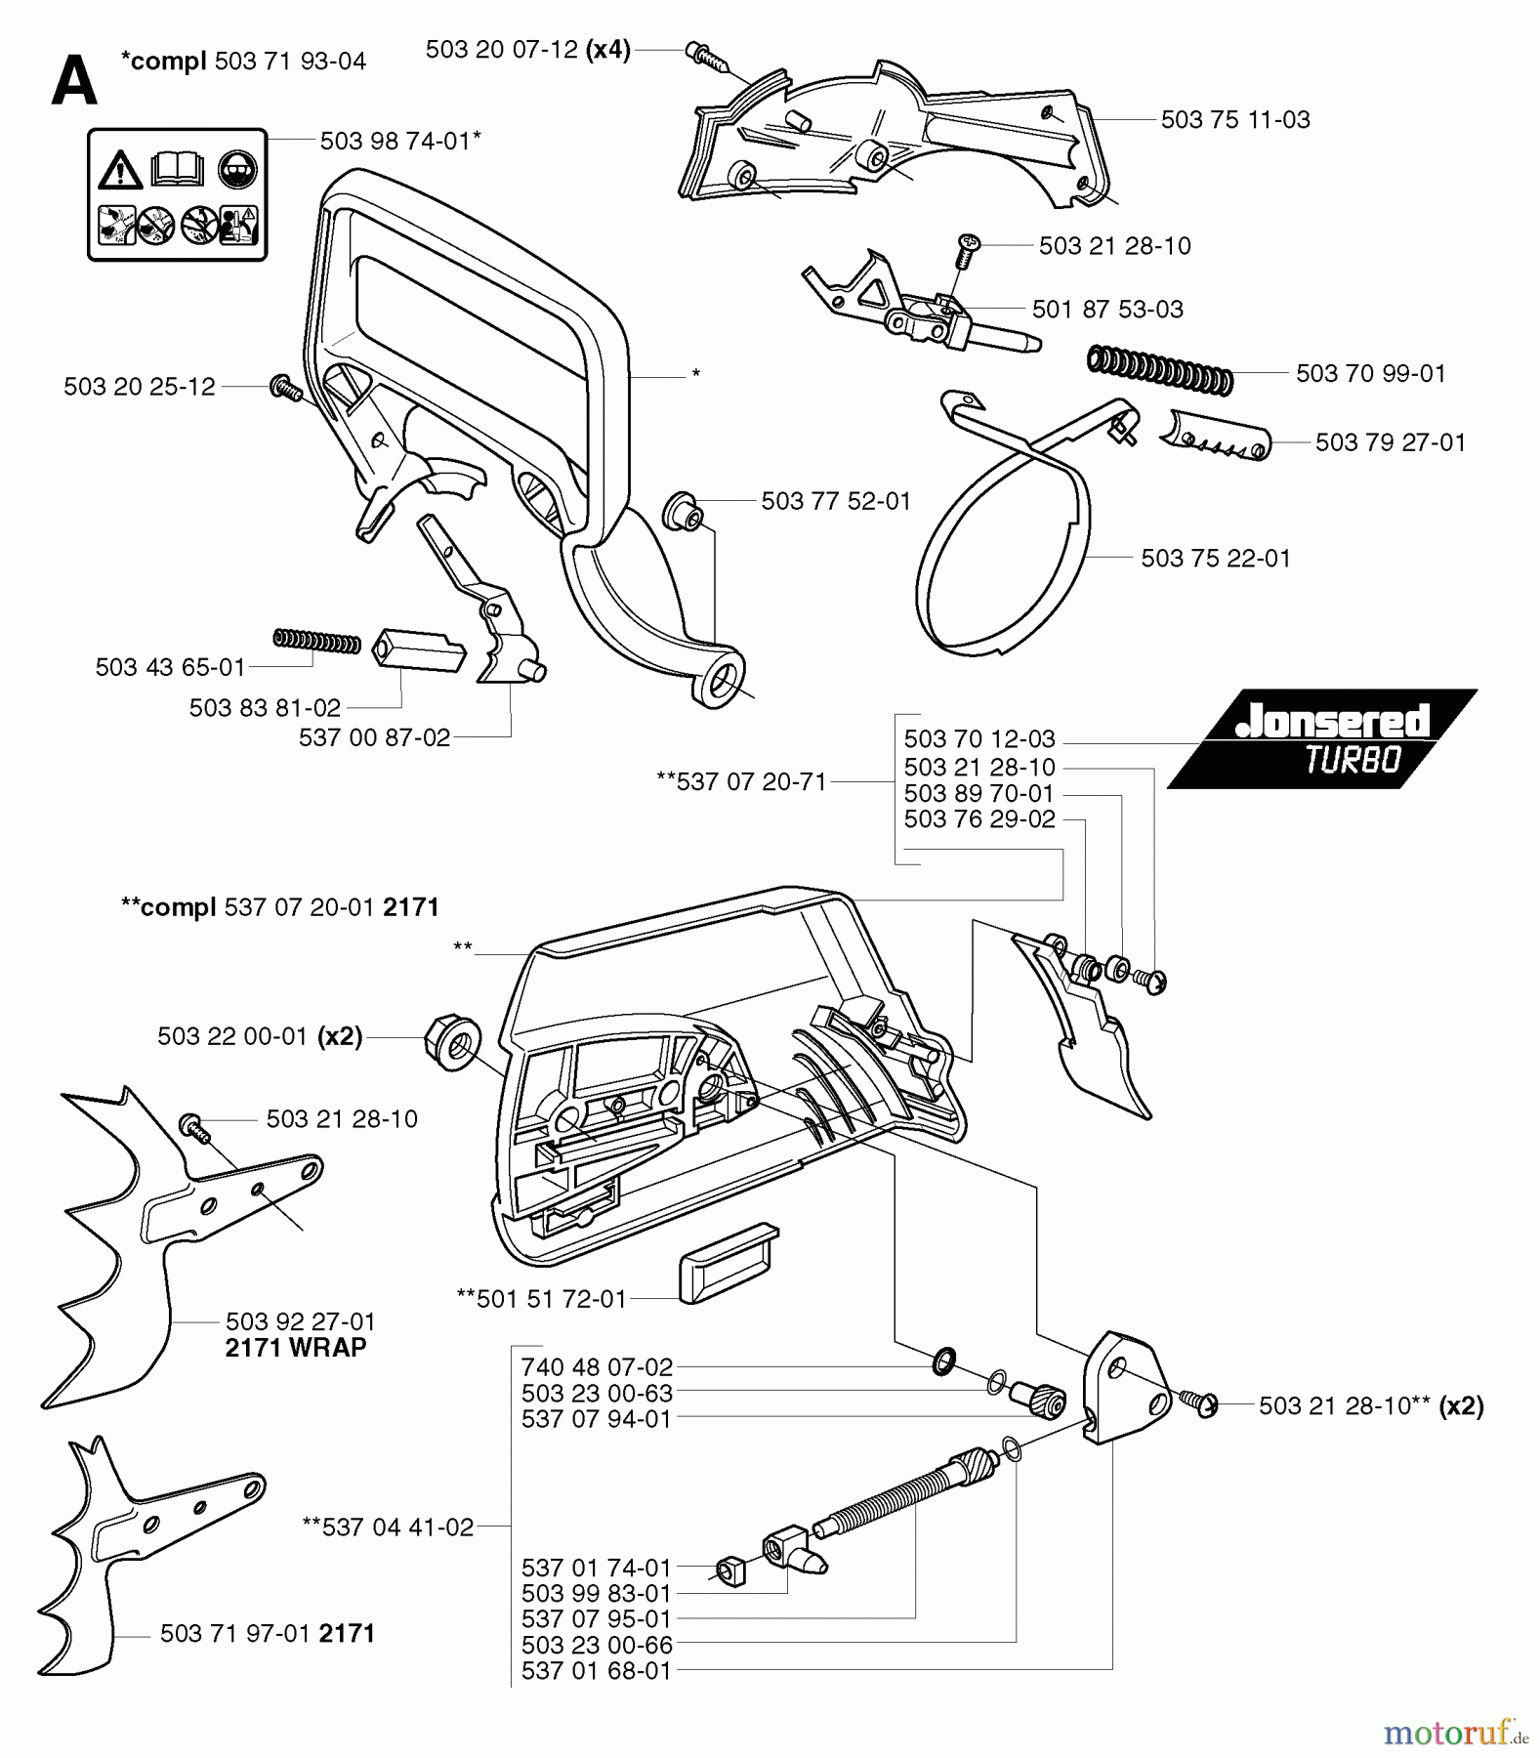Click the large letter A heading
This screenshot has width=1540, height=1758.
(74, 80)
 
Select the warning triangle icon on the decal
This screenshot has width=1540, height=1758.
(120, 171)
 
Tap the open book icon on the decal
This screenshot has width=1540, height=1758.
(178, 168)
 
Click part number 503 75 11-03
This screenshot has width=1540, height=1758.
(1234, 120)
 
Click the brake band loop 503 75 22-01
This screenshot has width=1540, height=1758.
(1001, 575)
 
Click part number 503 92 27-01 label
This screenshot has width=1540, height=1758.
(300, 1321)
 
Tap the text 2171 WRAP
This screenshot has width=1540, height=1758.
(295, 1348)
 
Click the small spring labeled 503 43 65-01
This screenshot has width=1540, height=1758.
(316, 641)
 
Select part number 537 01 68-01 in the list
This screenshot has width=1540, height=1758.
(596, 1671)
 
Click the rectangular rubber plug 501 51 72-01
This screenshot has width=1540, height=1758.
(727, 1263)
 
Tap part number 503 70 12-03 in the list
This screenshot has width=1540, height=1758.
(978, 739)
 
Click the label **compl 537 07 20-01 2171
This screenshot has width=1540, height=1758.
(279, 907)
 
